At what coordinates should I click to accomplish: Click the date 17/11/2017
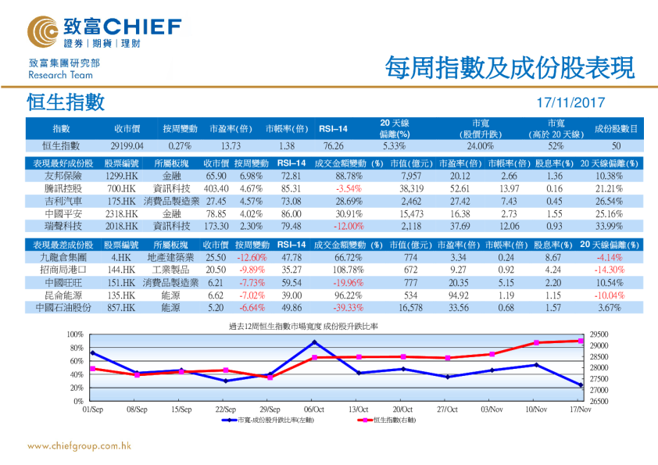[570, 102]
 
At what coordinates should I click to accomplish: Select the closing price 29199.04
[127, 145]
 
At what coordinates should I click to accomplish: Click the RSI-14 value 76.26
[332, 145]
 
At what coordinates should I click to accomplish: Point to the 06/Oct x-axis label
[314, 409]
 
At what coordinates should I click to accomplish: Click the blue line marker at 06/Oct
[314, 342]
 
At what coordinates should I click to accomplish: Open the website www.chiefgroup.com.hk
[79, 446]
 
